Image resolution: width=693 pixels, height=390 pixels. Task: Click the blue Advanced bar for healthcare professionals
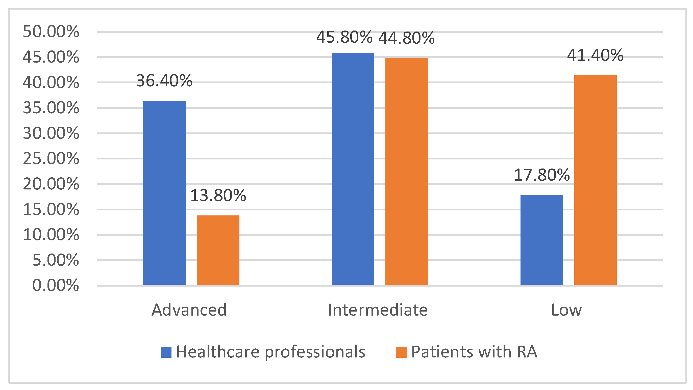tap(164, 192)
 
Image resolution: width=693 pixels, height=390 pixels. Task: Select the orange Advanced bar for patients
tap(218, 250)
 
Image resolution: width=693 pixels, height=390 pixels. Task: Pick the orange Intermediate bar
tap(407, 171)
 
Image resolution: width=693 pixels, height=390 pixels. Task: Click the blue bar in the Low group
tap(541, 240)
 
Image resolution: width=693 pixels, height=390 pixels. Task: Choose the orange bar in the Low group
tap(595, 180)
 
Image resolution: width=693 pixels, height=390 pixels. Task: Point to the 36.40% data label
tap(164, 80)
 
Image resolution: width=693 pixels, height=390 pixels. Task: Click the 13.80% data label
tap(218, 195)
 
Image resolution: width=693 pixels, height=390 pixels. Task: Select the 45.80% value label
tap(344, 37)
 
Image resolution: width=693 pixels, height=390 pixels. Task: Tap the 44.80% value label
tap(407, 38)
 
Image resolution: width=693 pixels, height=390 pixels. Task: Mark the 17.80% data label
tap(541, 175)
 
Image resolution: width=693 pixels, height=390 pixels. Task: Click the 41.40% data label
tap(595, 55)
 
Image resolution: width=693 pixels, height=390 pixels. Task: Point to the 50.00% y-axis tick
tap(51, 32)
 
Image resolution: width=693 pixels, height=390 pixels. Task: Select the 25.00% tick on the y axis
tap(51, 158)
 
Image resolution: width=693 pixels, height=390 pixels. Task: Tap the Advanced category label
tap(189, 310)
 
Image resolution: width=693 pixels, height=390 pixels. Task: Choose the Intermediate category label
tap(378, 310)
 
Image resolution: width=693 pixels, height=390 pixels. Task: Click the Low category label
tap(566, 310)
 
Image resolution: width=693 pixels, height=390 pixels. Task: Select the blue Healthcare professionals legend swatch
tap(166, 352)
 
